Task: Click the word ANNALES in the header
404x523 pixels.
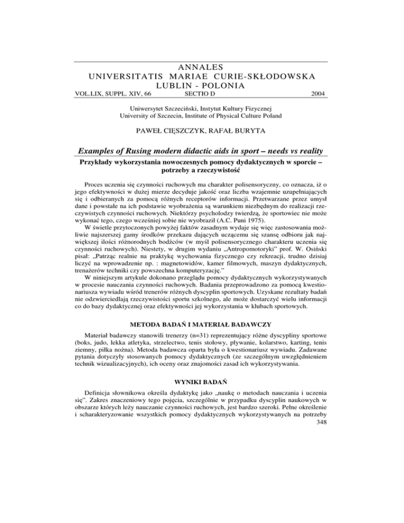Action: tap(202, 67)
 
